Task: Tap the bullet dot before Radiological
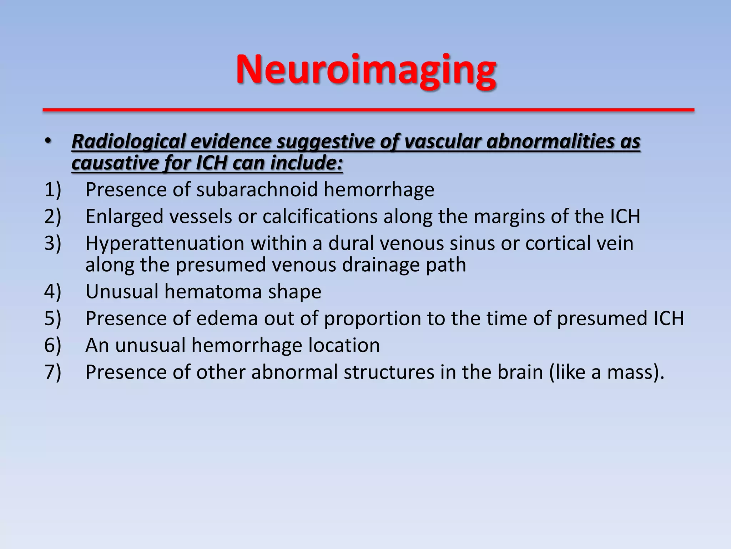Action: point(49,142)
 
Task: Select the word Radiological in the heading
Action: point(128,141)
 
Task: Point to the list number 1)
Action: point(53,189)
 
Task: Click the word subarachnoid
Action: point(257,189)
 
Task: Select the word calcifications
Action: point(320,216)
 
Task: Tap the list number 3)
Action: point(53,243)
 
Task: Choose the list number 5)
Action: point(53,318)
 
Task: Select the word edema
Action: point(227,318)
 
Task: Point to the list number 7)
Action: point(53,372)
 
